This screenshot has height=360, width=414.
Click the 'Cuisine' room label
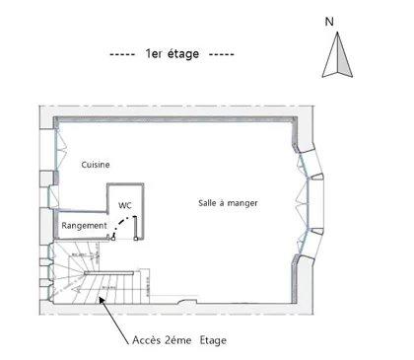pyautogui.click(x=96, y=165)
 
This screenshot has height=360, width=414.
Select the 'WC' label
pyautogui.click(x=125, y=205)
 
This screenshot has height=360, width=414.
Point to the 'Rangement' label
pyautogui.click(x=84, y=226)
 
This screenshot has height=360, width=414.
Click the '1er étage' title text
pyautogui.click(x=172, y=54)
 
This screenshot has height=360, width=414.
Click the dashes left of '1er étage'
pyautogui.click(x=122, y=54)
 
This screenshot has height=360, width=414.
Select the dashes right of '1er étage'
pyautogui.click(x=222, y=54)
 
